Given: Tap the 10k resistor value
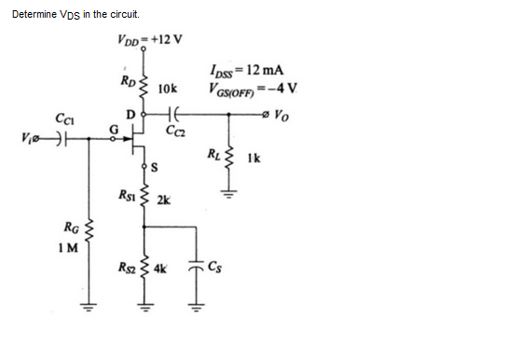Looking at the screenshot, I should (168, 90).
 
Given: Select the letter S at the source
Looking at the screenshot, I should (154, 167).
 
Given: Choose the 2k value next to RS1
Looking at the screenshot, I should (164, 201).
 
